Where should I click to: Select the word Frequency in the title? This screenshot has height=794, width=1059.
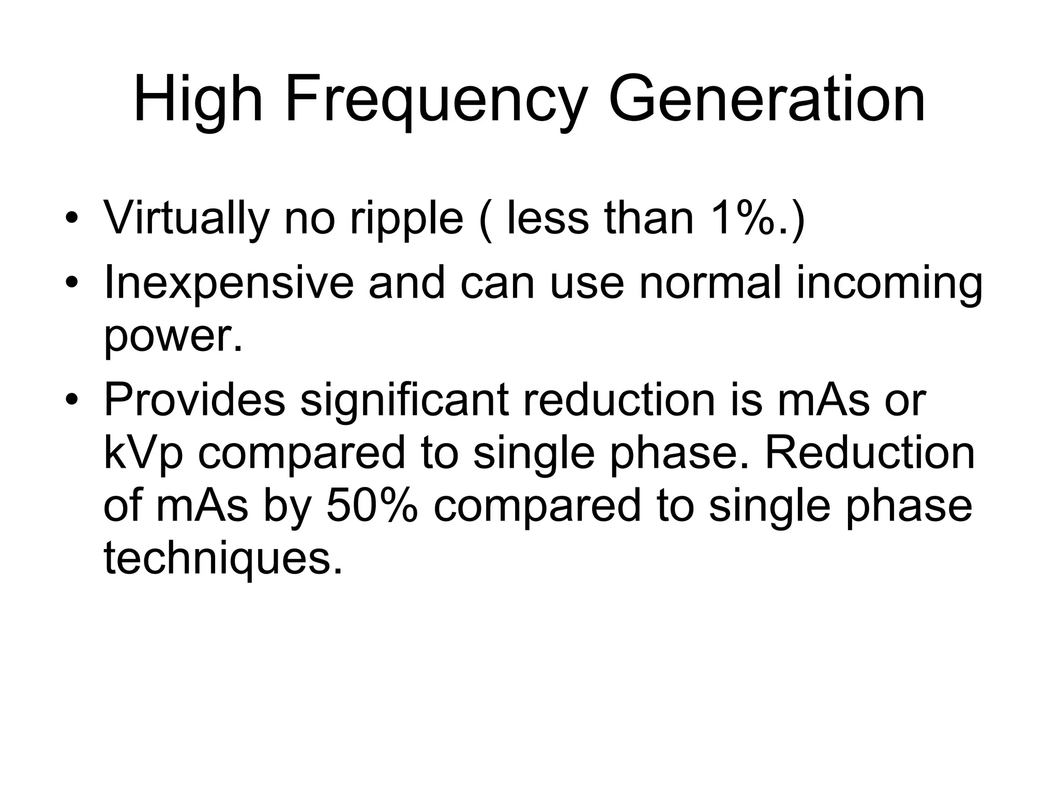coord(436,101)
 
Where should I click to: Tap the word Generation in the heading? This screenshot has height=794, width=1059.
coord(767,100)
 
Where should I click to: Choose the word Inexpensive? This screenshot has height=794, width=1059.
coord(229,284)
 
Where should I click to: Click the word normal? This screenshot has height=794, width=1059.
coord(709,283)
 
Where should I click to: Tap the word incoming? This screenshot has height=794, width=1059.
coord(889,284)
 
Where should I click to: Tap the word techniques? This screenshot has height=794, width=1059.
coord(223,559)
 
